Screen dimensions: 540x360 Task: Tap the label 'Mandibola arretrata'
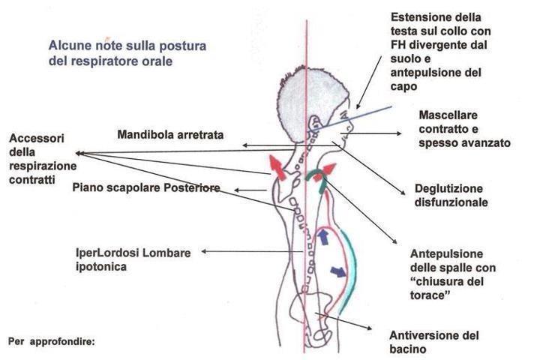pos(170,134)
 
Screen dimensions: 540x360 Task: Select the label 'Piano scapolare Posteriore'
pos(146,187)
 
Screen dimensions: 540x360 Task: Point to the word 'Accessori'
pos(37,138)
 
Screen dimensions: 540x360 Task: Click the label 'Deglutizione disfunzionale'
pos(451,195)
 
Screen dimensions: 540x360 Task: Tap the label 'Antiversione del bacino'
pos(434,342)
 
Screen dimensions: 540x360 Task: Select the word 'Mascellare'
pos(448,115)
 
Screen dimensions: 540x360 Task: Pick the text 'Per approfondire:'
pos(51,342)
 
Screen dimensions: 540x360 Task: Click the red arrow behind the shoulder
pos(277,167)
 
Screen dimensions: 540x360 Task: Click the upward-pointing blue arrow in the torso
pos(323,237)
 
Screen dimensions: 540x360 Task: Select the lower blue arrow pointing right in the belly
pos(338,271)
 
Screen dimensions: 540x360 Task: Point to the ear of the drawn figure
pos(314,123)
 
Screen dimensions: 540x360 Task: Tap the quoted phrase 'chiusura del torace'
pos(447,288)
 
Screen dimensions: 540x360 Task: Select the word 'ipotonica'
pos(101,267)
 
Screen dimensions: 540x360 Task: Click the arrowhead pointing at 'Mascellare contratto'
pos(399,133)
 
